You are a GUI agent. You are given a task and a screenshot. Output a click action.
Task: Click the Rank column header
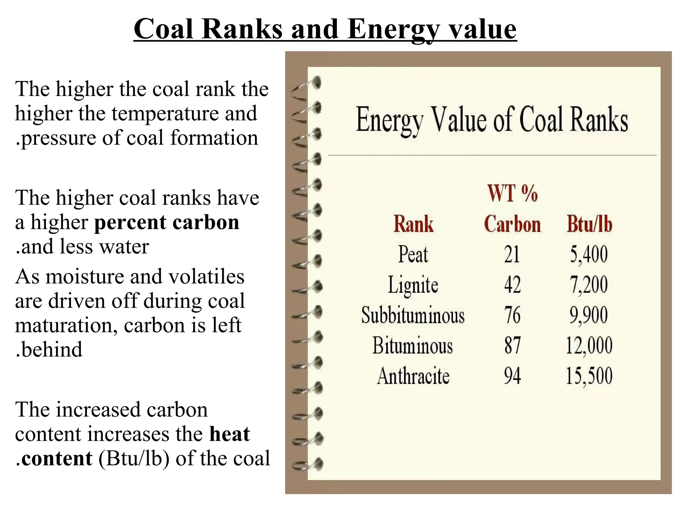(413, 224)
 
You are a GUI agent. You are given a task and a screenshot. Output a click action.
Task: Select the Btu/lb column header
(589, 224)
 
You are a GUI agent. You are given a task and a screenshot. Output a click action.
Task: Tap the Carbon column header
(512, 224)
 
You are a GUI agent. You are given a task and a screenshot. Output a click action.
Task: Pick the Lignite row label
(413, 285)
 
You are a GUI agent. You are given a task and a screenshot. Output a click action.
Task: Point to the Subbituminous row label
(413, 315)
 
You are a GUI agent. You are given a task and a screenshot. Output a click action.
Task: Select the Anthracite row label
(413, 376)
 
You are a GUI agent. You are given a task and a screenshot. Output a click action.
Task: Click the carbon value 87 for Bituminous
(512, 345)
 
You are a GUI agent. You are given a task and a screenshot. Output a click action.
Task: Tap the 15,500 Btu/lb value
(589, 376)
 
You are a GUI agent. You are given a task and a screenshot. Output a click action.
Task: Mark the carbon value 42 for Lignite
(512, 285)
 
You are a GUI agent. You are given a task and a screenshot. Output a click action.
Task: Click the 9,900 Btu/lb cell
(588, 315)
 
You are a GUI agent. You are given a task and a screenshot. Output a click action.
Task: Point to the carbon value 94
(512, 376)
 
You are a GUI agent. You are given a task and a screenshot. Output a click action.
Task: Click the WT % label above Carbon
(512, 193)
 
